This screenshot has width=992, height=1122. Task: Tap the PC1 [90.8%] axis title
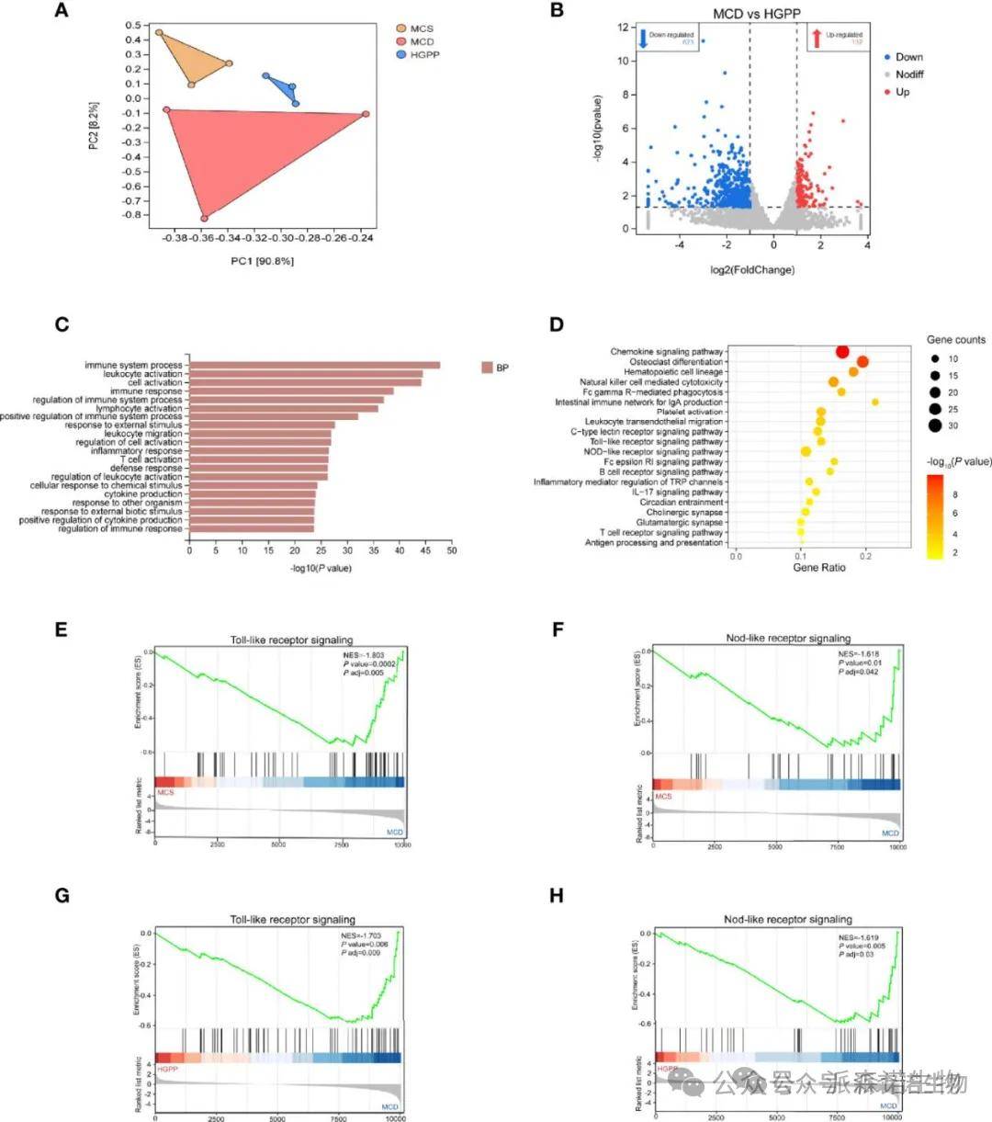263,261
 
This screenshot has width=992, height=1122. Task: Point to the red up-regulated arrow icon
816,38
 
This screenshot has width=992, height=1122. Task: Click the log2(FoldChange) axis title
752,270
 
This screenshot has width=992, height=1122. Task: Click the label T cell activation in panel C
152,459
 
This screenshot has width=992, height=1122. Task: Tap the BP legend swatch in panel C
487,368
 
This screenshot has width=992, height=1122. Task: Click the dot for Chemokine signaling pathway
842,351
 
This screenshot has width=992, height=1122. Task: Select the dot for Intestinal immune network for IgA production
875,402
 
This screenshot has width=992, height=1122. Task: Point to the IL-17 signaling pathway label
677,492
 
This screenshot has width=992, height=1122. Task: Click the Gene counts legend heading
955,340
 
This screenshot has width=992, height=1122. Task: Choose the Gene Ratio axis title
819,567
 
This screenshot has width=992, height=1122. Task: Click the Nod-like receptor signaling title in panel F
787,638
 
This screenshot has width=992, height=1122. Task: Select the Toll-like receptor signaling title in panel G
292,919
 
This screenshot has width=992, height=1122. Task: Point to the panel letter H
556,896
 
